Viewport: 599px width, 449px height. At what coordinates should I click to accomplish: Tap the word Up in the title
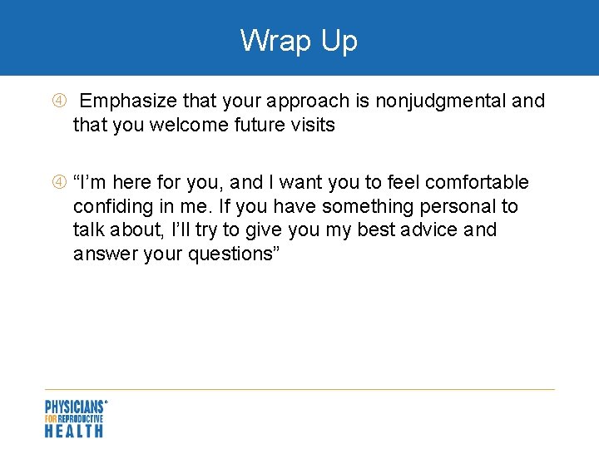[x=338, y=41]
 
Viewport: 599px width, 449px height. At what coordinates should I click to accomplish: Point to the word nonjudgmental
[x=441, y=102]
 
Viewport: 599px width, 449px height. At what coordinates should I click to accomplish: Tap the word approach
[x=311, y=102]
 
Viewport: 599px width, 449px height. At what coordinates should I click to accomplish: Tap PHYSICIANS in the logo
[x=74, y=407]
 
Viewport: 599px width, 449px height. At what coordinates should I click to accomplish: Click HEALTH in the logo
[x=74, y=431]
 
